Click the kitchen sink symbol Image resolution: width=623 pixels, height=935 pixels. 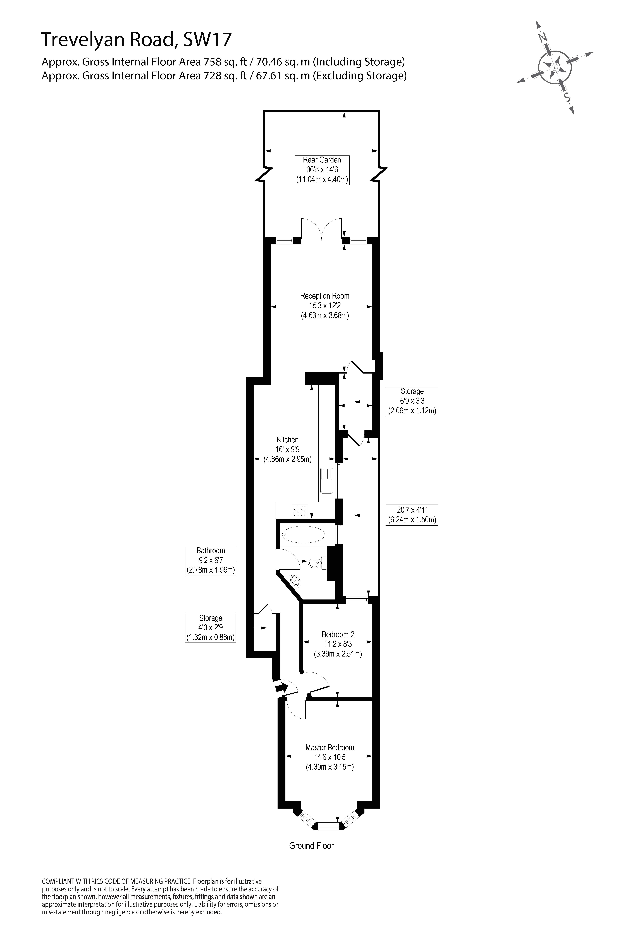tap(327, 480)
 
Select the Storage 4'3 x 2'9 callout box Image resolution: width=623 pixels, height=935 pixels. tap(211, 628)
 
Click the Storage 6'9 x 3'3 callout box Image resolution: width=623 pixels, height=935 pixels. tap(412, 401)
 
